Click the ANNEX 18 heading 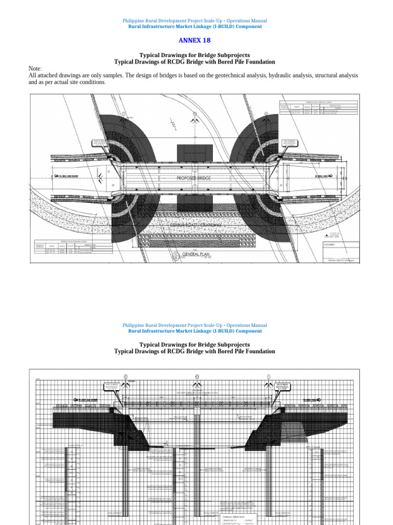(x=194, y=40)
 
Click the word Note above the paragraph (x=35, y=69)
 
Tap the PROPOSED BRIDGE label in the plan (x=194, y=178)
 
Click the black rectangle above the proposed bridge (x=194, y=154)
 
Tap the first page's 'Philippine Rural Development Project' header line (x=194, y=21)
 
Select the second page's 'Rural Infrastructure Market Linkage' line (x=194, y=331)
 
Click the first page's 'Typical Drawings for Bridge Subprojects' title (x=194, y=55)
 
